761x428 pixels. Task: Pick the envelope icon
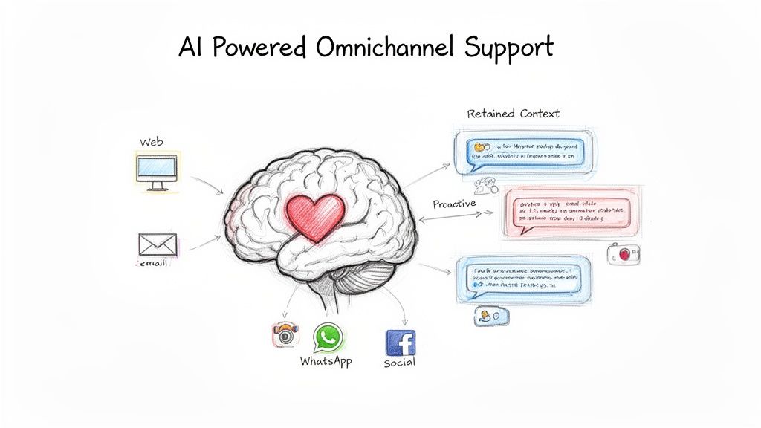click(158, 244)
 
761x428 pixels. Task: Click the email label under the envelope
click(155, 262)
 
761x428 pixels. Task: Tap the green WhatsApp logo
click(327, 337)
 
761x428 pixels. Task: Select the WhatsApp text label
click(326, 361)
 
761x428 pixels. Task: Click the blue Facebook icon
click(401, 343)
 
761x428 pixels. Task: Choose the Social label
click(400, 363)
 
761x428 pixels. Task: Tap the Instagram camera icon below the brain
click(284, 334)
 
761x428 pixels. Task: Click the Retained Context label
click(513, 114)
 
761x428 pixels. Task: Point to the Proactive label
click(454, 204)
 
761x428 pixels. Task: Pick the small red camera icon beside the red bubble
click(624, 255)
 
